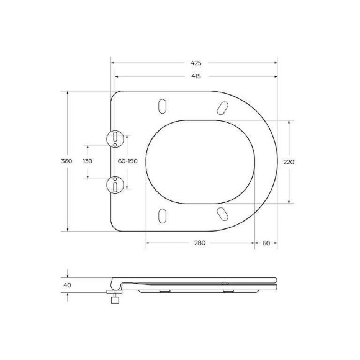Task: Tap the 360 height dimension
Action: pyautogui.click(x=67, y=161)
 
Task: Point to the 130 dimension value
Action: pyautogui.click(x=88, y=161)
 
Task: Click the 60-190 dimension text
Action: pyautogui.click(x=127, y=161)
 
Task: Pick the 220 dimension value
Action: pyautogui.click(x=288, y=161)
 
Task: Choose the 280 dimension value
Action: pyautogui.click(x=199, y=243)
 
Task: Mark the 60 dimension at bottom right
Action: pyautogui.click(x=266, y=243)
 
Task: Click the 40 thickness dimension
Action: pyautogui.click(x=67, y=285)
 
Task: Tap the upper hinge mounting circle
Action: pyautogui.click(x=115, y=138)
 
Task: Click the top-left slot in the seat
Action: pyautogui.click(x=163, y=106)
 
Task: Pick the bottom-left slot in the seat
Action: pyautogui.click(x=163, y=215)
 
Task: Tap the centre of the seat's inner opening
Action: pyautogui.click(x=201, y=161)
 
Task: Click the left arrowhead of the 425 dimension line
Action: pyautogui.click(x=113, y=63)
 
